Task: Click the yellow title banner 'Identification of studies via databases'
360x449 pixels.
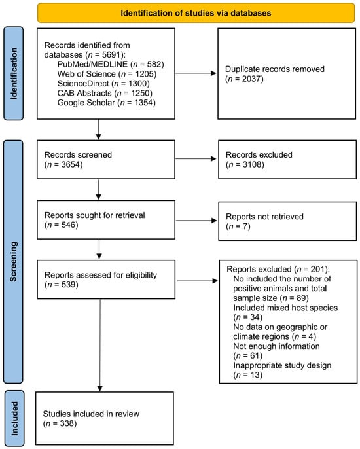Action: (x=196, y=13)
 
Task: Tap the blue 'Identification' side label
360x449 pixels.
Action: (x=14, y=73)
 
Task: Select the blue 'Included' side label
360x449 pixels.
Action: (x=14, y=418)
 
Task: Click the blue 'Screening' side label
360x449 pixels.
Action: (x=13, y=262)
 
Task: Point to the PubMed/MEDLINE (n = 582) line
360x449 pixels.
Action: (x=111, y=64)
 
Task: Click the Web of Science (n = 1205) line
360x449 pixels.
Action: (x=107, y=74)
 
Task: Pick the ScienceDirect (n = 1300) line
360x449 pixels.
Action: (x=103, y=83)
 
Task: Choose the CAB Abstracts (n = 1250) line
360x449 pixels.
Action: (x=105, y=93)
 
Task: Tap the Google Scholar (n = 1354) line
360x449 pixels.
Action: (x=107, y=103)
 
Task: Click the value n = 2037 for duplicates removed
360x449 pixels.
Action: (x=244, y=79)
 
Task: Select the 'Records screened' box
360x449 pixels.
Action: (x=106, y=160)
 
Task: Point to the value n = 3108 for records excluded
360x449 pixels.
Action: (x=245, y=164)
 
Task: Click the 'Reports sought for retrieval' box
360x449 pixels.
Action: (x=106, y=220)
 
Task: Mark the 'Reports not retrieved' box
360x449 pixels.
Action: (x=287, y=221)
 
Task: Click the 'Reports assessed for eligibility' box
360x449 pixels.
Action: (x=106, y=279)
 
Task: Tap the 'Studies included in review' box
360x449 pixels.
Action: (x=105, y=418)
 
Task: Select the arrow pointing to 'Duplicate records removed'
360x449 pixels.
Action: (x=196, y=73)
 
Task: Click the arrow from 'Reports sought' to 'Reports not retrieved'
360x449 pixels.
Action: (x=196, y=221)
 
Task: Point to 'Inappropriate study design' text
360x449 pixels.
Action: (x=282, y=365)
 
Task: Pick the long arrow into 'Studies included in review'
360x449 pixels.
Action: (x=100, y=346)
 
